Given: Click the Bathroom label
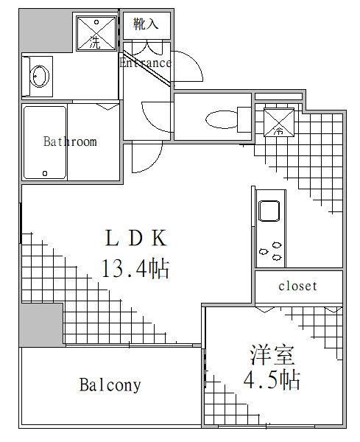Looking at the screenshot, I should pyautogui.click(x=70, y=141).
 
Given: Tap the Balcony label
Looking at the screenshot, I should pyautogui.click(x=110, y=385).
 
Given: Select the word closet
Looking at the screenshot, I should pyautogui.click(x=297, y=286).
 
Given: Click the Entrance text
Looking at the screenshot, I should pyautogui.click(x=145, y=63).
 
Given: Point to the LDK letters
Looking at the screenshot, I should pyautogui.click(x=137, y=239).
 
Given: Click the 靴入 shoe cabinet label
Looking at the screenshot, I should pyautogui.click(x=146, y=24).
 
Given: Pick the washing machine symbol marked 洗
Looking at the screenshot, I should pyautogui.click(x=96, y=34).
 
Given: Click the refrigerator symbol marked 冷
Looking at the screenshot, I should pyautogui.click(x=278, y=122).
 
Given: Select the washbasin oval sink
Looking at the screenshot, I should pyautogui.click(x=39, y=76).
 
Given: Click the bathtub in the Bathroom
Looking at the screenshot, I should pyautogui.click(x=45, y=142).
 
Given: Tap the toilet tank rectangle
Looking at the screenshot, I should pyautogui.click(x=244, y=119).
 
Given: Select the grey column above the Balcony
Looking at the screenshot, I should pyautogui.click(x=41, y=324).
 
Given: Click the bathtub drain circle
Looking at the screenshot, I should pyautogui.click(x=45, y=174).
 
